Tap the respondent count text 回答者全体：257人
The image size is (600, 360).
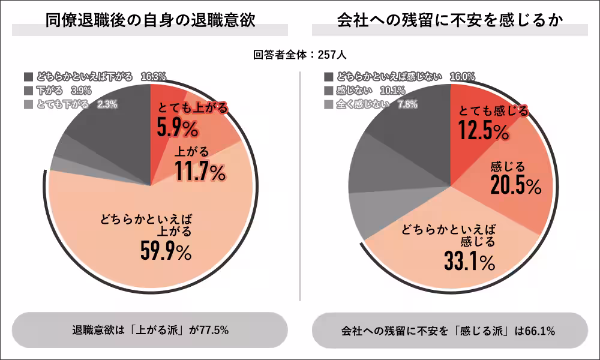[299, 55]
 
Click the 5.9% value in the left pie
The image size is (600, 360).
[178, 128]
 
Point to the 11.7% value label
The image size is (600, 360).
[200, 172]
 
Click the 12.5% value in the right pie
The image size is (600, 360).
[484, 130]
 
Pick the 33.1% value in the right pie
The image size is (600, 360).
[470, 261]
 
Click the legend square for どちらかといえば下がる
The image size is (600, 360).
[29, 77]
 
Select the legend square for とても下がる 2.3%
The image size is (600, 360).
[29, 104]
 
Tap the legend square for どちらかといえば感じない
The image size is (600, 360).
[328, 77]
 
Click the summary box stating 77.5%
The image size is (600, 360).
[150, 330]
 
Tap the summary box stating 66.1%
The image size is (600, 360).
[449, 330]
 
